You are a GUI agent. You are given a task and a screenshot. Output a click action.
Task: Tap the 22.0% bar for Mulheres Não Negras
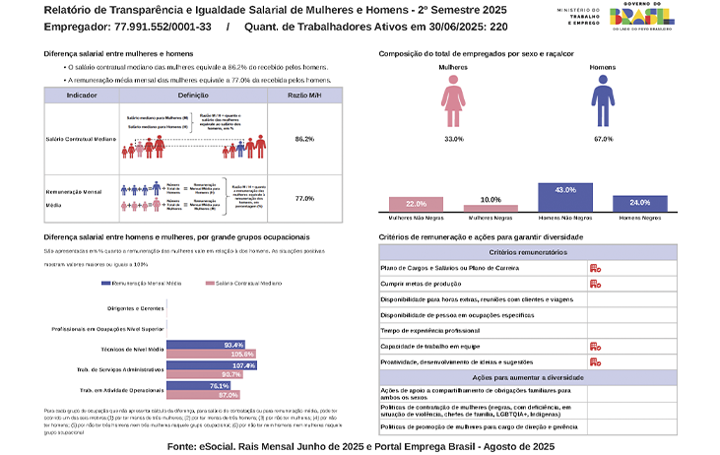click(x=417, y=203)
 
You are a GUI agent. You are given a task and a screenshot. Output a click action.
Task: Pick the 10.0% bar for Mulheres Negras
click(x=491, y=207)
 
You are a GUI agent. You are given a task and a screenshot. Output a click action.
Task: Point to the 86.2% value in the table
click(x=305, y=139)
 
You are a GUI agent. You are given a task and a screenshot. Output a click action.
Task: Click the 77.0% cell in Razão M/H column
click(x=305, y=198)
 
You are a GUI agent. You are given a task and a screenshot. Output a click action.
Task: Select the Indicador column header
click(x=81, y=95)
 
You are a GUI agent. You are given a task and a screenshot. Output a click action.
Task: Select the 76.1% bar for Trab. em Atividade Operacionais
click(x=205, y=385)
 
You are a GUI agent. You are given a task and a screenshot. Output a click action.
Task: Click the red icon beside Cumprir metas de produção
click(x=595, y=284)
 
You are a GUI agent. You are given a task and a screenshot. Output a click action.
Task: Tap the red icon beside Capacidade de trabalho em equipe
click(x=595, y=347)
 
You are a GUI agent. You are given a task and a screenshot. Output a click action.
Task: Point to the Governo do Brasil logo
click(x=641, y=18)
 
